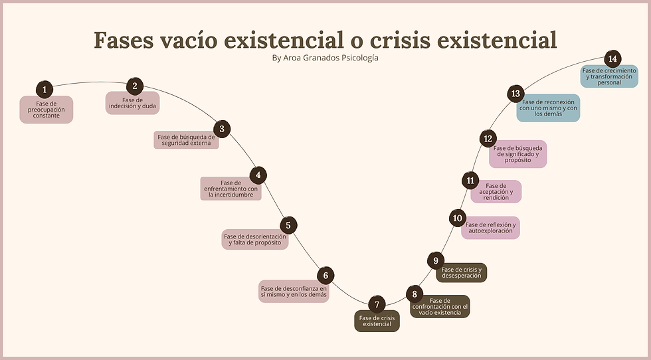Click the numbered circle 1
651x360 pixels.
pos(45,89)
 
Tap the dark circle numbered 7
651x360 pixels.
pos(377,304)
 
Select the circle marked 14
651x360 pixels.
pos(612,59)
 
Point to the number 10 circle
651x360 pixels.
pos(457,218)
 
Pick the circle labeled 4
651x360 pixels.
pos(258,175)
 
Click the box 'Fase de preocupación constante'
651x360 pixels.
pos(46,110)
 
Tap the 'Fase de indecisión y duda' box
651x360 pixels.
pos(132,103)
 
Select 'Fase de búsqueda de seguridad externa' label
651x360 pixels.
pos(187,140)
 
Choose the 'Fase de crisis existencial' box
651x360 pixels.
pos(377,321)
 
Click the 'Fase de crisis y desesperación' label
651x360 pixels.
pos(461,272)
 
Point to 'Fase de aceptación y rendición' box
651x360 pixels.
pos(496,191)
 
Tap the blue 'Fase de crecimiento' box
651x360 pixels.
pos(609,76)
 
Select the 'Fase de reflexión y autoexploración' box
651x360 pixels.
pos(490,228)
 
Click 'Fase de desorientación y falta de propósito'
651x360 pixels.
pos(255,239)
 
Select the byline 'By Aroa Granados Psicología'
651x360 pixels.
pos(325,58)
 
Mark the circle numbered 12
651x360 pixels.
pos(488,139)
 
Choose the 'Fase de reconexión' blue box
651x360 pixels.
pos(548,108)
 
